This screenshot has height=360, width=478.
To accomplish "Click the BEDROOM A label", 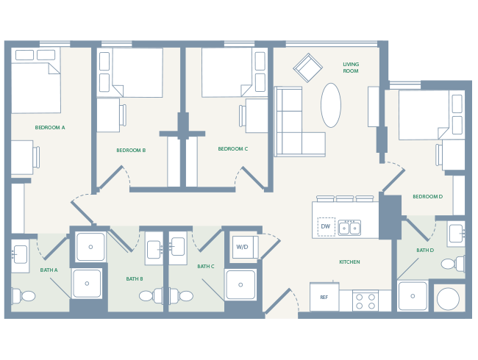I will [50, 127].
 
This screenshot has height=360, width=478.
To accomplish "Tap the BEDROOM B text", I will [131, 150].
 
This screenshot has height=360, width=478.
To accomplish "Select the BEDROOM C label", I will [232, 148].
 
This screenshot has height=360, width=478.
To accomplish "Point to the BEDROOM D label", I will [427, 196].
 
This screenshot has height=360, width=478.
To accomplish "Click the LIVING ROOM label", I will [351, 68].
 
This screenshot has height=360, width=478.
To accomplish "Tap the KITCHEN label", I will [349, 262].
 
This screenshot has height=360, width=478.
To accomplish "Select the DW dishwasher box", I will [326, 226].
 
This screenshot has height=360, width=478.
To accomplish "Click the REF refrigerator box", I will [324, 297].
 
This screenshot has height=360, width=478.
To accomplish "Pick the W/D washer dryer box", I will [242, 247].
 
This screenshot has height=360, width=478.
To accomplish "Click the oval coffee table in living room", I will [331, 105].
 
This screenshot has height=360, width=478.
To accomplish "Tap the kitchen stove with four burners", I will [365, 301].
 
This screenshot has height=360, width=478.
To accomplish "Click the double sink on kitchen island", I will [349, 228].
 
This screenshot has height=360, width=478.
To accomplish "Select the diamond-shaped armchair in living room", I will [308, 68].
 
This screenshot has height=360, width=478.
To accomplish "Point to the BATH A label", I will [49, 270].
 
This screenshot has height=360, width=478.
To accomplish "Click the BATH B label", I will [134, 278].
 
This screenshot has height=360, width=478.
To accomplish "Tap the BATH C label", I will [205, 266].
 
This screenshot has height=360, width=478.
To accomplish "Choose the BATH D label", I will [425, 250].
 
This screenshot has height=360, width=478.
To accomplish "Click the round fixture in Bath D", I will [448, 298].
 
